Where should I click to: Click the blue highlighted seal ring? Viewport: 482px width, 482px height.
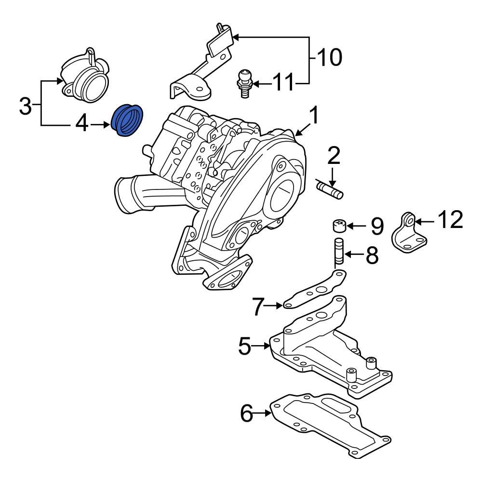(x=127, y=120)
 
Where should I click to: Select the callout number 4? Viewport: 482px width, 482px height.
(x=81, y=125)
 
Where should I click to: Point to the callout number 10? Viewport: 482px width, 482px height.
(x=329, y=58)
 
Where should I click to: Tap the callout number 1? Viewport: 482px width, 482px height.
(x=314, y=117)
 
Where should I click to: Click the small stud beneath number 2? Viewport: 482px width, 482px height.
(x=329, y=188)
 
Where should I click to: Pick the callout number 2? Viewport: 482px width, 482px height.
(x=334, y=156)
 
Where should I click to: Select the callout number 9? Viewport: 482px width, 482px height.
(x=376, y=225)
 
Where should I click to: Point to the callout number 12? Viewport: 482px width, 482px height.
(x=450, y=220)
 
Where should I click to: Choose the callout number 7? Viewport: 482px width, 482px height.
(x=259, y=306)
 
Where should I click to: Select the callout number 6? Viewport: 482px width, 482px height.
(x=246, y=414)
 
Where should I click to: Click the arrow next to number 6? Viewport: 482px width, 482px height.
(x=264, y=413)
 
